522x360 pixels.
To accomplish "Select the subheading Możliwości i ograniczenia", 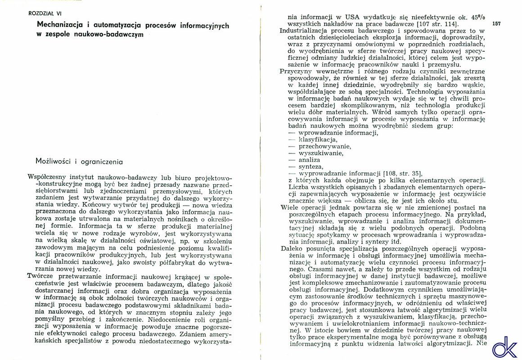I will pyautogui.click(x=79, y=161).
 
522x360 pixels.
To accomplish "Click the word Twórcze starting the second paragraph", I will pyautogui.click(x=41, y=276).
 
